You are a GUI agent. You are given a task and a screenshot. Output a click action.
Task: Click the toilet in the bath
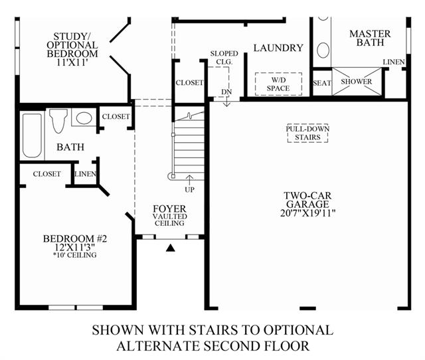point(58,121)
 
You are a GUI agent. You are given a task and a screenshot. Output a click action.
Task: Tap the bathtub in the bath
point(33,135)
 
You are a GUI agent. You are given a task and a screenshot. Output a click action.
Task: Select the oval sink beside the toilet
point(84,118)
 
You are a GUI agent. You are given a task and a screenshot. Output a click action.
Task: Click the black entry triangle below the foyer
point(170,248)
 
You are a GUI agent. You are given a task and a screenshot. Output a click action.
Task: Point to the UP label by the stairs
point(189,190)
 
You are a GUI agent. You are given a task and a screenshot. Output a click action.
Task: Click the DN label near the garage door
point(226,92)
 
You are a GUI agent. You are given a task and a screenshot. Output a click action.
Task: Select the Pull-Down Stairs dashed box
point(307,133)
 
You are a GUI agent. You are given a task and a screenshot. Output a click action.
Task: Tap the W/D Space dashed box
point(278,84)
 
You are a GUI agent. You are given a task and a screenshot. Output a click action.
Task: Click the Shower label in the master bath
point(357,82)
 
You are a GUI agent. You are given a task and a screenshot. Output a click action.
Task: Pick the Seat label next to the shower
point(322,83)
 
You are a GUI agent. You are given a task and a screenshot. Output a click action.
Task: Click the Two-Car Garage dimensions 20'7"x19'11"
point(308,213)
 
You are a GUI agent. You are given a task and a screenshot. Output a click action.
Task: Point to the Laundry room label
point(278,48)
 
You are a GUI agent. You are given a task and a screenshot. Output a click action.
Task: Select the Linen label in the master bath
point(394,62)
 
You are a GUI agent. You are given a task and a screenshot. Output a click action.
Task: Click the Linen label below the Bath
point(85,174)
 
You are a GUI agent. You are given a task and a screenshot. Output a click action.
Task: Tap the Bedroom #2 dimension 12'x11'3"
point(75,247)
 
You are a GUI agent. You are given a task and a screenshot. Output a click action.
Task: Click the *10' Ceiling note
point(75,255)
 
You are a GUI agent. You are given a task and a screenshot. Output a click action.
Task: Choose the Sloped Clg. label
point(224,58)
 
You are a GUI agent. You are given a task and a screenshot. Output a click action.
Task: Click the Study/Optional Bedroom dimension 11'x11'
point(72,62)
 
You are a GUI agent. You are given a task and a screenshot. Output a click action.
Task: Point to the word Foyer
point(170,209)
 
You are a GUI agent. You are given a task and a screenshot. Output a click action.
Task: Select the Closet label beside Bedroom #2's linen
point(47,174)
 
